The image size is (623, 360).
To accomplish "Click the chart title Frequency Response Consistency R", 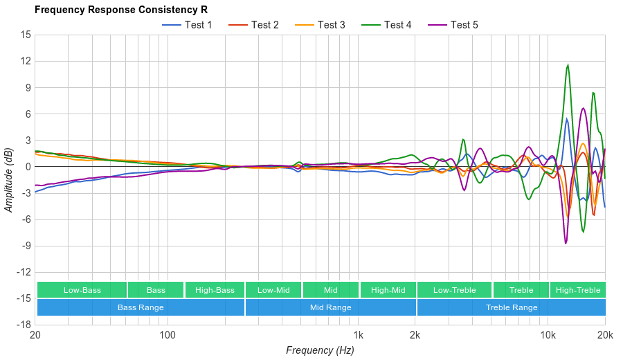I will coord(121,10).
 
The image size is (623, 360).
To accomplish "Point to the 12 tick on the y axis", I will coord(26,61).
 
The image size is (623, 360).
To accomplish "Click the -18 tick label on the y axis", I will coord(24,325).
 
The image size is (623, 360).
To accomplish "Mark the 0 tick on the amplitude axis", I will coord(28,167).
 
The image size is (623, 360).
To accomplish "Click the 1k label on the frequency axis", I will coord(358,336).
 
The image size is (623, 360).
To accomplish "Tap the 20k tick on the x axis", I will coord(604,336).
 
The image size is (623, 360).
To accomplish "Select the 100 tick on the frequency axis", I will coord(168,336).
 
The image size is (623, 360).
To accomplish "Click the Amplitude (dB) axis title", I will coord(9,179).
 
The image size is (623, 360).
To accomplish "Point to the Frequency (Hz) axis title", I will coord(320,350).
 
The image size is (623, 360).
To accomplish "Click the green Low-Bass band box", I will coord(82,290).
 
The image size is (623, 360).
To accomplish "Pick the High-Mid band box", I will coord(388,290).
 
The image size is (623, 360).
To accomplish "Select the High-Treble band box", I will coord(578,290).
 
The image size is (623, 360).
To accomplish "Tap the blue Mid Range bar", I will coord(330,307).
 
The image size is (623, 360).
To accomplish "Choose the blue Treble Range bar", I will coord(511,307).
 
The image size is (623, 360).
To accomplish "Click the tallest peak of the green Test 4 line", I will coord(568,65).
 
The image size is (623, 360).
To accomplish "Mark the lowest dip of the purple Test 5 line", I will coord(566,243).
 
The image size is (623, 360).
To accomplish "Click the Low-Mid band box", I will coord(273,290).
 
